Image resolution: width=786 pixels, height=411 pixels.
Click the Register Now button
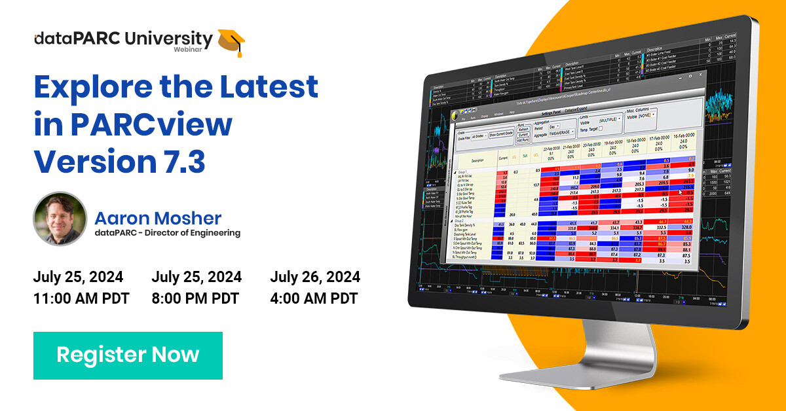tap(128, 355)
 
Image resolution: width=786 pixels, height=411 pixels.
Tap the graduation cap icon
tap(231, 42)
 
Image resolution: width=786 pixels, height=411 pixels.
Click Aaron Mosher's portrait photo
tap(60, 219)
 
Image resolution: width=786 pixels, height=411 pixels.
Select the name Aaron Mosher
tap(158, 218)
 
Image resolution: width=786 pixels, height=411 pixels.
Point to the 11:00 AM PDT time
tap(81, 298)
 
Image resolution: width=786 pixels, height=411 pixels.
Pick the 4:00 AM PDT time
tap(314, 298)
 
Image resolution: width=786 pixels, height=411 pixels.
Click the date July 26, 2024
tap(315, 276)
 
